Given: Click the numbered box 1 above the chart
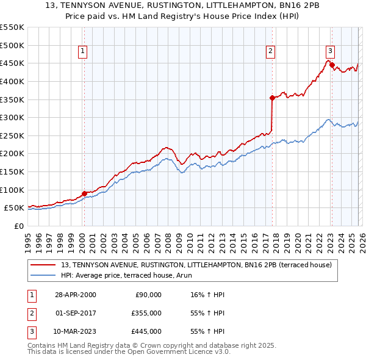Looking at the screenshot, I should point(82,52).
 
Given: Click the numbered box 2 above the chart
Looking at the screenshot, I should point(270,52).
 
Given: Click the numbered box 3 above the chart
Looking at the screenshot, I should point(329,52).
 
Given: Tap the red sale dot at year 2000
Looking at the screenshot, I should point(84,193).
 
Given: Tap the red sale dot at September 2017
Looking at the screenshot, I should point(272,97).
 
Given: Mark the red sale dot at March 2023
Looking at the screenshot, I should point(332,65).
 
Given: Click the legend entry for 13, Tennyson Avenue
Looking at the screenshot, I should point(196,265).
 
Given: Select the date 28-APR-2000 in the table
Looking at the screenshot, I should point(75,295).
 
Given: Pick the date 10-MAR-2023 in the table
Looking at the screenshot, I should point(75,331).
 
